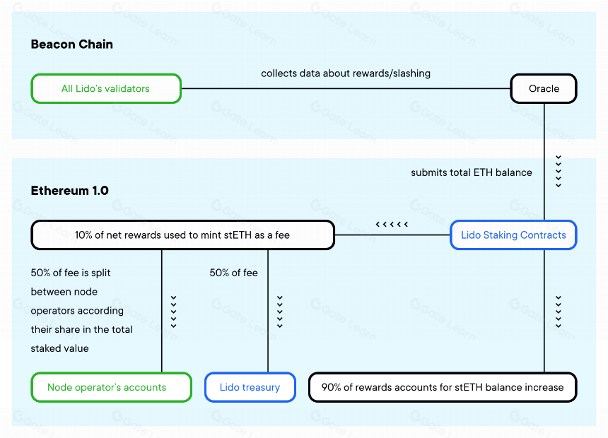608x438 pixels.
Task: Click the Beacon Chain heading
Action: tap(71, 45)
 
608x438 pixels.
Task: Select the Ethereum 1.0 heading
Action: tap(70, 191)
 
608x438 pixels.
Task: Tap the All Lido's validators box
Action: tap(106, 88)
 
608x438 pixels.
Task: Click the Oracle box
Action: tap(544, 88)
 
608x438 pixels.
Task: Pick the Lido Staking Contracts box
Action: tap(513, 235)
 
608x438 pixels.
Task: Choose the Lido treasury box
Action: tap(250, 387)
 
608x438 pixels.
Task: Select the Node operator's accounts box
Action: tap(111, 387)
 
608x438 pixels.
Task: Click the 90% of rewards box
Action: tap(443, 387)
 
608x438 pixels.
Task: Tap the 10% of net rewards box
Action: tap(182, 235)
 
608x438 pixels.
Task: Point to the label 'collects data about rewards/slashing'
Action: tap(346, 73)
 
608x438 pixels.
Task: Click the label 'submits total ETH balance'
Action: tap(472, 172)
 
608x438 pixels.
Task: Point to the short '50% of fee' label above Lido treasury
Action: tap(233, 273)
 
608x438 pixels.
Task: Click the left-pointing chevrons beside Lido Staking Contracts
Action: tap(392, 224)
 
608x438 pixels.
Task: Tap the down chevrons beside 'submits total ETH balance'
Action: tap(559, 172)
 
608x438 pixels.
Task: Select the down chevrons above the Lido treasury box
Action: tap(279, 312)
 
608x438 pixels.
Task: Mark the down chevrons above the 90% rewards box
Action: tap(559, 312)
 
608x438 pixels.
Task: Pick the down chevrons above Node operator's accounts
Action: tap(173, 312)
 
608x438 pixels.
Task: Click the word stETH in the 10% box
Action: tap(238, 235)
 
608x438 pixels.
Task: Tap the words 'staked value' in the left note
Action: tap(59, 348)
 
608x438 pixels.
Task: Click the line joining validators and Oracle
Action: tap(346, 88)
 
